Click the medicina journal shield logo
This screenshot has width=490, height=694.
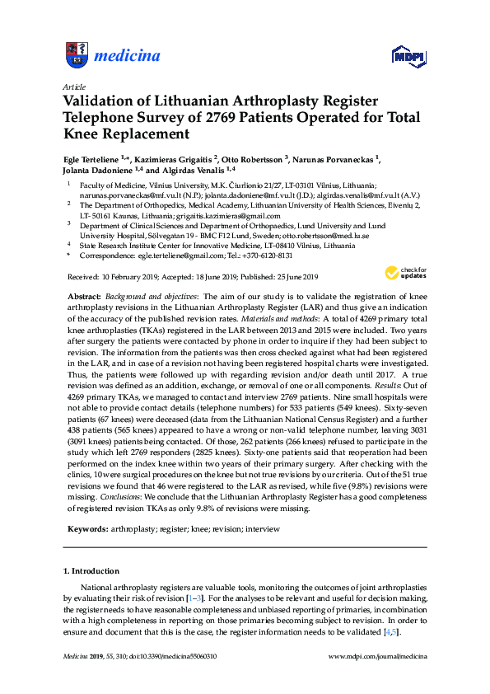pos(76,56)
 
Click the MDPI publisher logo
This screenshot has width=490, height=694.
pos(409,57)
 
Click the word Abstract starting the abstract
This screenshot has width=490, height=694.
pos(83,295)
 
